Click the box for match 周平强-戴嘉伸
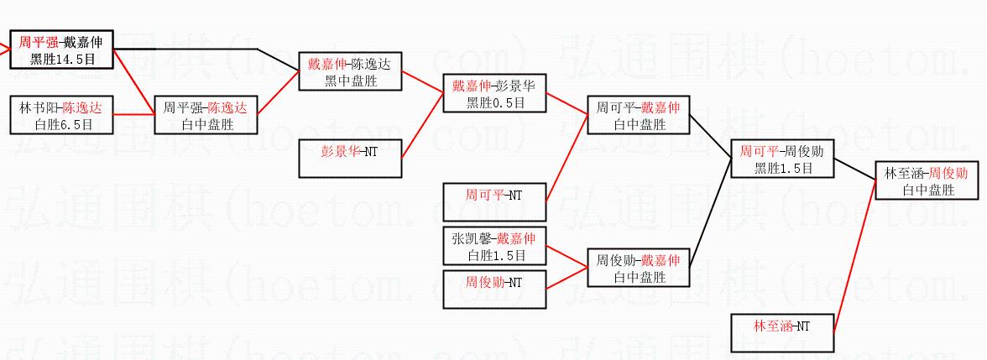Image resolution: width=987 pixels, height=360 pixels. click(x=61, y=50)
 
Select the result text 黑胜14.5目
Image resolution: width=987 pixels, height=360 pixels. click(x=61, y=59)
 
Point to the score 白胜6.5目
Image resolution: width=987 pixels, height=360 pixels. click(x=61, y=124)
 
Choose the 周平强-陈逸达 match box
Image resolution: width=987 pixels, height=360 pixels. click(x=206, y=116)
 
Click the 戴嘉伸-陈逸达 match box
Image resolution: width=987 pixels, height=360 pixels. click(x=350, y=72)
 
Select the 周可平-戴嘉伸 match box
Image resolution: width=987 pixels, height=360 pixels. click(x=639, y=116)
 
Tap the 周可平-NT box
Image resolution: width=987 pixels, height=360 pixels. click(x=495, y=202)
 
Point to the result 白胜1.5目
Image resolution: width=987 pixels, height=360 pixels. click(x=495, y=254)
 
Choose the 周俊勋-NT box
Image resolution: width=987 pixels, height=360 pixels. click(x=495, y=282)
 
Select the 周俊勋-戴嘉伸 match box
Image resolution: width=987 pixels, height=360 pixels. click(x=639, y=268)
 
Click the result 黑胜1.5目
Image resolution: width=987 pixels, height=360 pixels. click(x=782, y=168)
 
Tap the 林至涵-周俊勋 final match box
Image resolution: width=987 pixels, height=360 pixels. click(x=927, y=181)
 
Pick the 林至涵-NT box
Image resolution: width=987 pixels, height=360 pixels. click(x=782, y=333)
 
